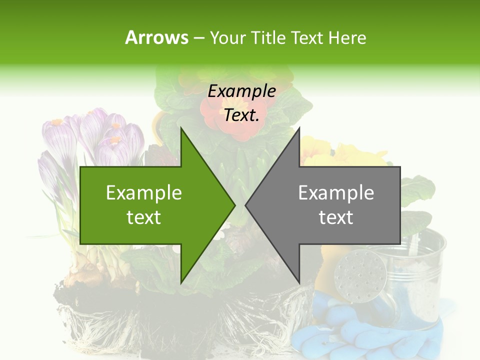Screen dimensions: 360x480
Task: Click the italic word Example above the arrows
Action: (x=241, y=91)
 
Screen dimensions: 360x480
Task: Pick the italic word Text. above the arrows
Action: (x=241, y=115)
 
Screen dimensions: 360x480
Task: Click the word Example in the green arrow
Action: (x=143, y=193)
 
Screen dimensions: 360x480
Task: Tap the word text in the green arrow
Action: (x=143, y=217)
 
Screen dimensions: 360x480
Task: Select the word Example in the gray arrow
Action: (x=336, y=193)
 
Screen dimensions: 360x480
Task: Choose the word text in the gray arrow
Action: (x=336, y=217)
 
